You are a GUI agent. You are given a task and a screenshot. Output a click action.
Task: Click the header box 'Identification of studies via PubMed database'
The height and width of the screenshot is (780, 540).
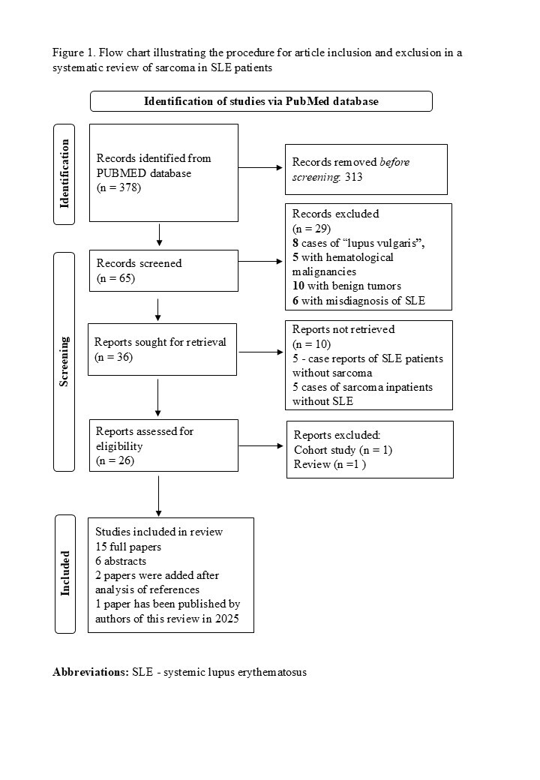click(261, 101)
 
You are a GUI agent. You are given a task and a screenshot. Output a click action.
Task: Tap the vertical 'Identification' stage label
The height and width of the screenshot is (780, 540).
click(64, 173)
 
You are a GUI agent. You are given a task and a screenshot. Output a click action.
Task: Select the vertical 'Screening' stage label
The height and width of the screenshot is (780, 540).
click(64, 361)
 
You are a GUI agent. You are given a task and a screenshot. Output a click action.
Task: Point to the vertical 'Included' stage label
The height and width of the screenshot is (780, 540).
click(64, 574)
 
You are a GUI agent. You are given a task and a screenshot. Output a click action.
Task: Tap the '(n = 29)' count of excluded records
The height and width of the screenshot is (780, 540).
click(310, 228)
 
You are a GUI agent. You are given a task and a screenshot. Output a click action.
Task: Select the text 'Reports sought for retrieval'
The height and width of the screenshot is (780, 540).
click(161, 343)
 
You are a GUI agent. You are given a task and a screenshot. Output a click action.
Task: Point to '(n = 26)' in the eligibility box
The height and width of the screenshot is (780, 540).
click(115, 460)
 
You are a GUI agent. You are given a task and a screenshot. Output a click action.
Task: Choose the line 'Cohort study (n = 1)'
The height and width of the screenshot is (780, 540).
click(343, 450)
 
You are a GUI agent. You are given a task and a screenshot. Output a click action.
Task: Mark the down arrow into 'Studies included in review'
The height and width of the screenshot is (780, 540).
click(158, 494)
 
